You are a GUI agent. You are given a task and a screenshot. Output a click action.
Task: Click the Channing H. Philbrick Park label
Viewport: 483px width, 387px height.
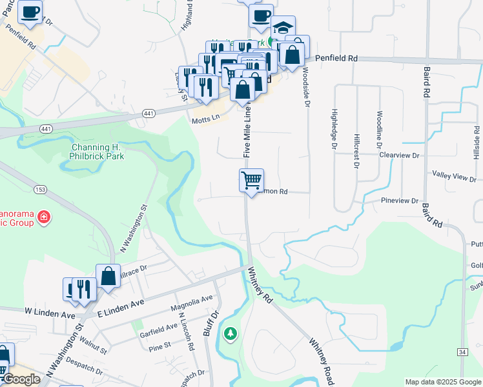click(98, 151)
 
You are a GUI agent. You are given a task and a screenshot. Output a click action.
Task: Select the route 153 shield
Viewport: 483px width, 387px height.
click(40, 188)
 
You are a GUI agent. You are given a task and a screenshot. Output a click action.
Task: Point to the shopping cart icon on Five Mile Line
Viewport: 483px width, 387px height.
click(251, 180)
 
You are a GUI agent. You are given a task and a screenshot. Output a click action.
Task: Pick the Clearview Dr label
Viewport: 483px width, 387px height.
click(399, 155)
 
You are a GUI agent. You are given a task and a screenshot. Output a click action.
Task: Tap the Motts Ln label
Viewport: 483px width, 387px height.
click(205, 120)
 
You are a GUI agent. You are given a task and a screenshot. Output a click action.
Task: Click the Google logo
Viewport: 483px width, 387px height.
click(20, 380)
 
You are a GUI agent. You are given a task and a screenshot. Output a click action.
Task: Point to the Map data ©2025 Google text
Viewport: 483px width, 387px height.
click(443, 382)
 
